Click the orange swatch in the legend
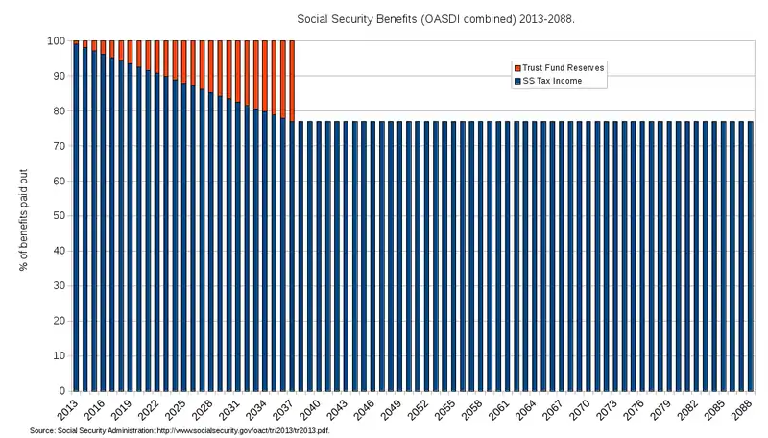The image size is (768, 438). tap(517, 68)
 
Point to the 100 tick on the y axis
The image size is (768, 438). tap(55, 41)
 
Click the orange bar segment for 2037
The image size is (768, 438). tap(292, 81)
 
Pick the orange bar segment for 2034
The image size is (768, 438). tap(265, 76)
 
